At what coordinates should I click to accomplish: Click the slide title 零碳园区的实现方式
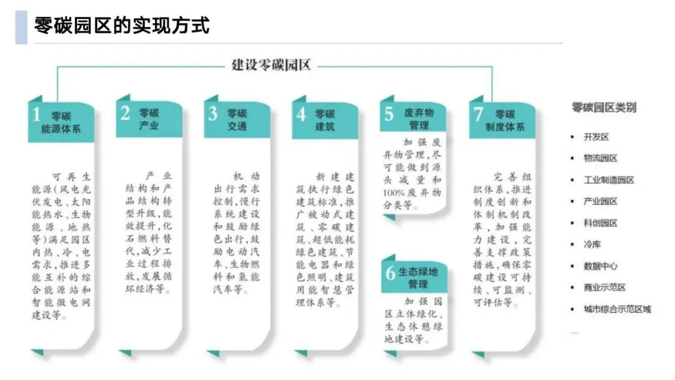tap(121, 26)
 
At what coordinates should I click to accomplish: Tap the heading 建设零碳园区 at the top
tap(271, 64)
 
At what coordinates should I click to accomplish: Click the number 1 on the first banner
tap(37, 115)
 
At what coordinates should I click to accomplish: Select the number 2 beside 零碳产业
tap(125, 113)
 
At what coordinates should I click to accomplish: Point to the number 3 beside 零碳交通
tap(213, 113)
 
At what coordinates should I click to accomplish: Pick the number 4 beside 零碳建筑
tap(301, 114)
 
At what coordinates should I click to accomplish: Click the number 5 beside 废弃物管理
tap(389, 114)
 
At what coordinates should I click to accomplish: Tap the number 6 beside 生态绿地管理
tap(391, 272)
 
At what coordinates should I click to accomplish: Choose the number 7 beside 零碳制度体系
tap(479, 114)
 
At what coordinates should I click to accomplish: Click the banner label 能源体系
tap(61, 129)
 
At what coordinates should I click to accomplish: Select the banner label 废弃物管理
tap(419, 119)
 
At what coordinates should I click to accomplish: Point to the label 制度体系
tap(504, 127)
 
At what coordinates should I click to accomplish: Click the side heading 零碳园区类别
tap(604, 107)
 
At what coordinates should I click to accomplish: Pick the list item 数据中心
tap(600, 266)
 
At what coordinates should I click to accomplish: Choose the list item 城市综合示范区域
tap(617, 309)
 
